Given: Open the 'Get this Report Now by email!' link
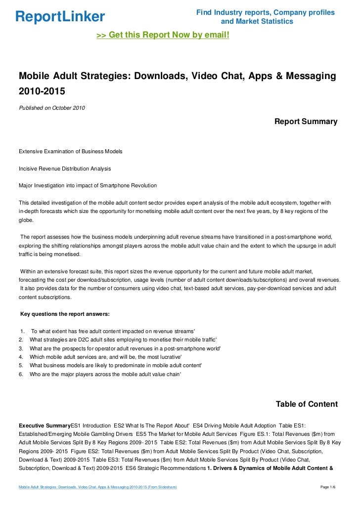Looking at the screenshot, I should click(x=163, y=36).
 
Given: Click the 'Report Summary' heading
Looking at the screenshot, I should click(x=306, y=121).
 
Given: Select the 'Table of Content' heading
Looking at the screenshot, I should click(x=307, y=404).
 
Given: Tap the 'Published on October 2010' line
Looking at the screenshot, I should click(x=51, y=108).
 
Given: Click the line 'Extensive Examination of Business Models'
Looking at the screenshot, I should click(x=71, y=151).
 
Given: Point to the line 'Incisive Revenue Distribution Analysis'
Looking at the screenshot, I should click(x=65, y=169).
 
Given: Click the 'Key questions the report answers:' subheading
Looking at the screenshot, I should click(x=64, y=314).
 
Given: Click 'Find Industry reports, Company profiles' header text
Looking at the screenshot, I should click(x=266, y=12).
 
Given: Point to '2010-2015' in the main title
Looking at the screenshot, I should click(x=42, y=91).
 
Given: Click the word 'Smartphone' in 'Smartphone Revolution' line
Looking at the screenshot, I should click(x=111, y=185).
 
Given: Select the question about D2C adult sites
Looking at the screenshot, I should click(x=123, y=339).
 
